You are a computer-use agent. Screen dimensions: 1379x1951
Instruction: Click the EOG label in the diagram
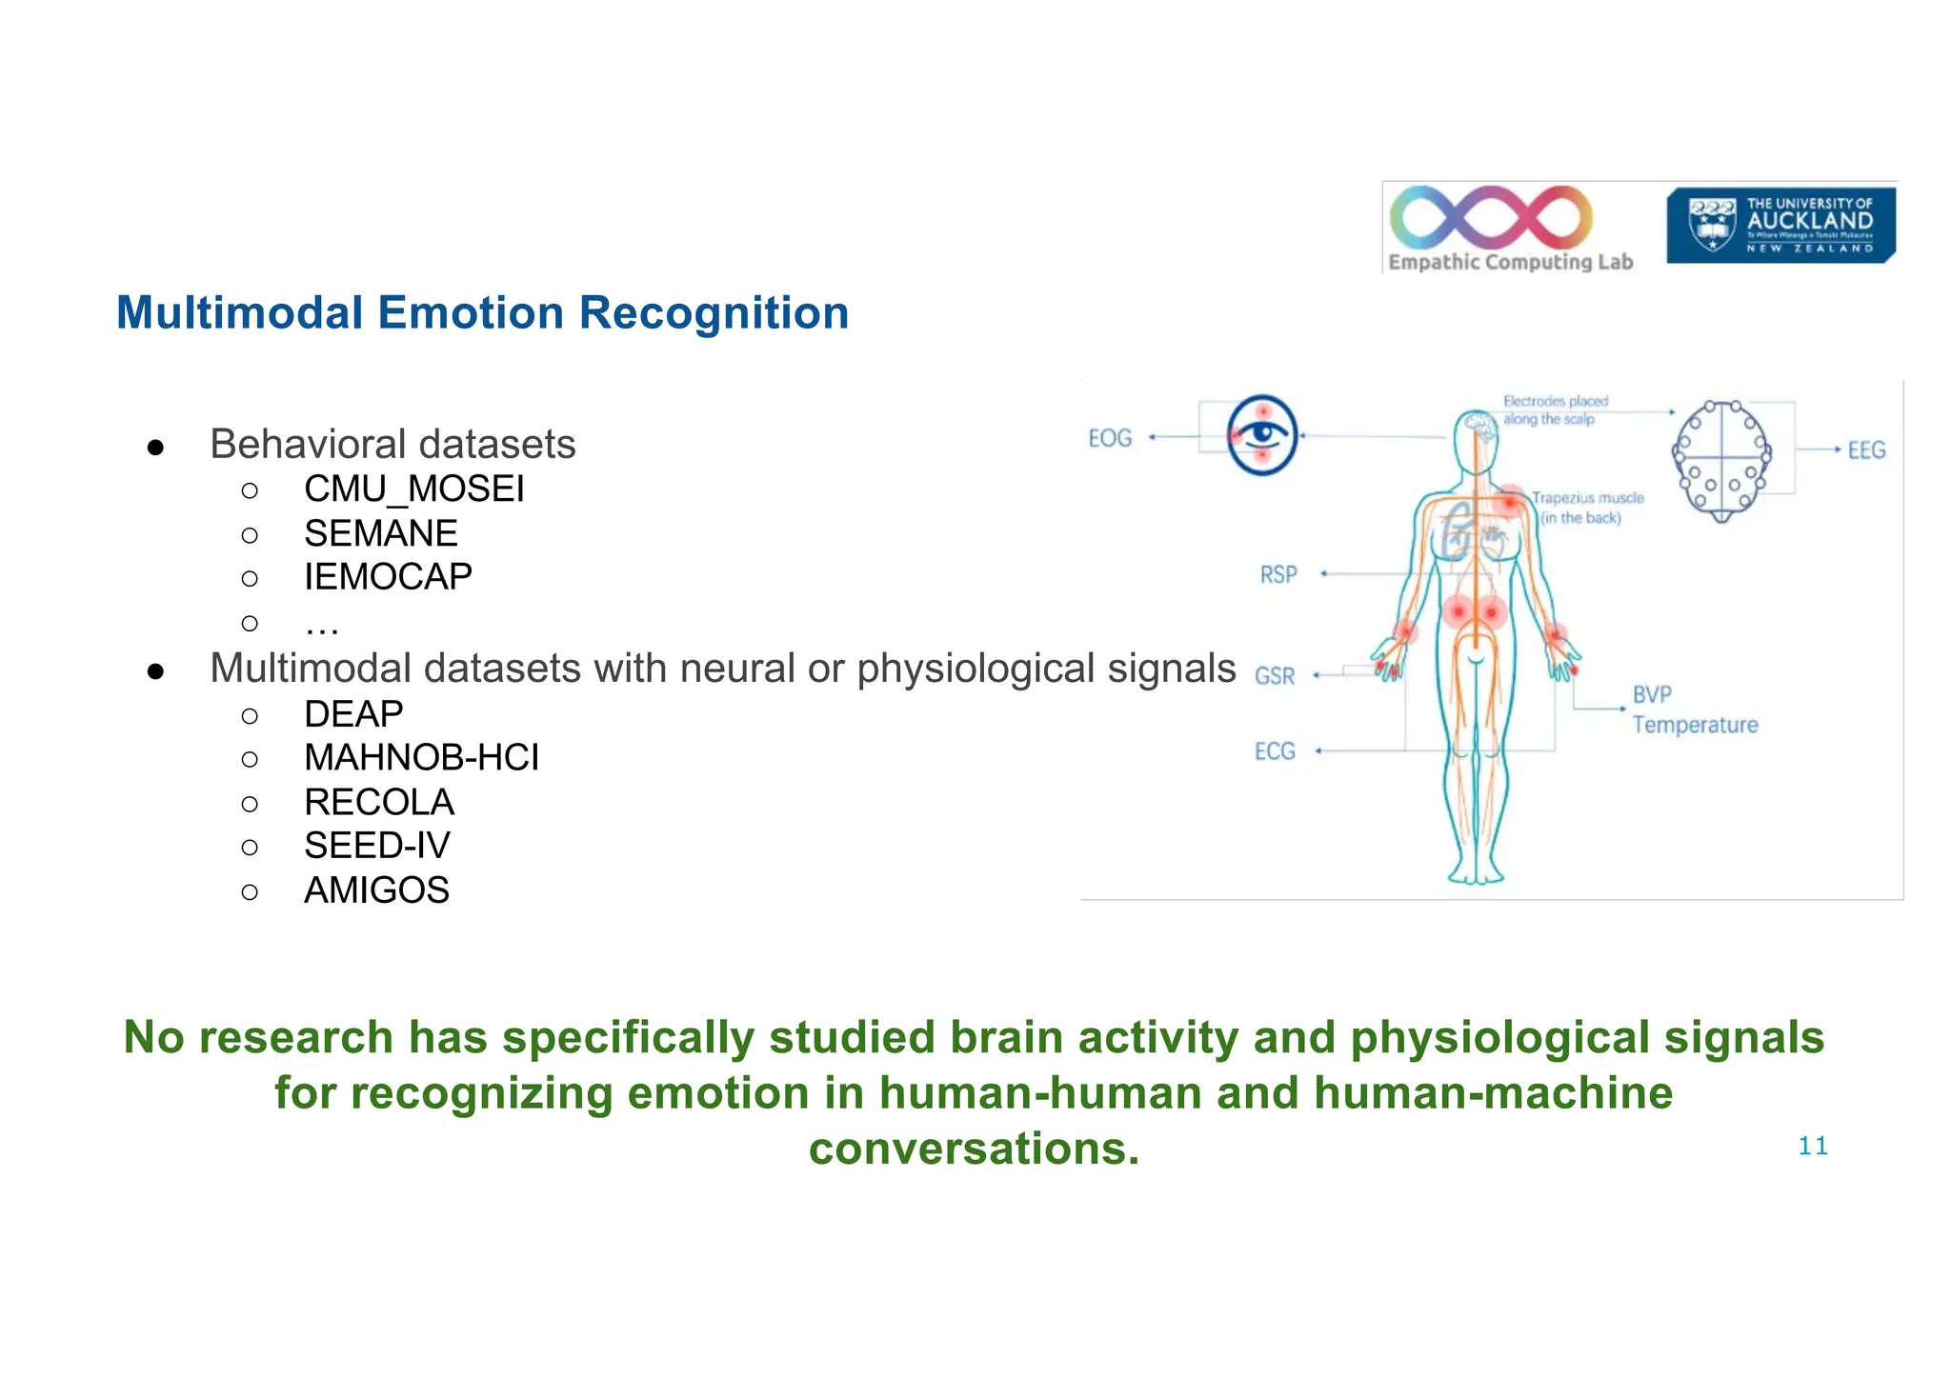pos(1110,438)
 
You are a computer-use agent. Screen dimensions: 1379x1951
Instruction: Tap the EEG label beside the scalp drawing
pos(1865,450)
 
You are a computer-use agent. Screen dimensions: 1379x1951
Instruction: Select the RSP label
pos(1277,574)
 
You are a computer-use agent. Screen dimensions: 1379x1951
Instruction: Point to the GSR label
pos(1274,675)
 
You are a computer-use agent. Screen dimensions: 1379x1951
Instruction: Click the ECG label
pos(1274,751)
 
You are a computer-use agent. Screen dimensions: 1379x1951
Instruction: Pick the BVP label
pos(1651,694)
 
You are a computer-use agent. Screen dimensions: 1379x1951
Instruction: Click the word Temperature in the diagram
pos(1695,725)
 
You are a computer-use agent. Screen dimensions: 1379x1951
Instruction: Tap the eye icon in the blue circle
pos(1262,435)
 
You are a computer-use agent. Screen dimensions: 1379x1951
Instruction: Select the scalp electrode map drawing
pos(1721,459)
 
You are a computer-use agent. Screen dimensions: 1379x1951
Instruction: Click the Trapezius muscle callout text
pos(1586,508)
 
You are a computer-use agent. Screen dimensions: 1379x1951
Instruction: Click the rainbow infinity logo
pos(1491,217)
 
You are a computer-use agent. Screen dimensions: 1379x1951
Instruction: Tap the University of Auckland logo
pos(1780,225)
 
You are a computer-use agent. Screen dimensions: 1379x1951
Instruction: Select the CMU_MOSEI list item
pos(413,490)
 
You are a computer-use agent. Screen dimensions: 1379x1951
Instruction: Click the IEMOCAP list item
pos(388,577)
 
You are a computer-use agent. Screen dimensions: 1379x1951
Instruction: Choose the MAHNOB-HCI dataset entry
pos(421,758)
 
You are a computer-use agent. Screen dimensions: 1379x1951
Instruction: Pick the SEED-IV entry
pos(376,846)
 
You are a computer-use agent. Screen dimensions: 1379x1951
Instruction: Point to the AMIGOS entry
pos(376,890)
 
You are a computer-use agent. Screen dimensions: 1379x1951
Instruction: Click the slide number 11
pos(1812,1146)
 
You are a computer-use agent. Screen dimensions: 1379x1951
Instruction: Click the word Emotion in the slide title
pos(471,313)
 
